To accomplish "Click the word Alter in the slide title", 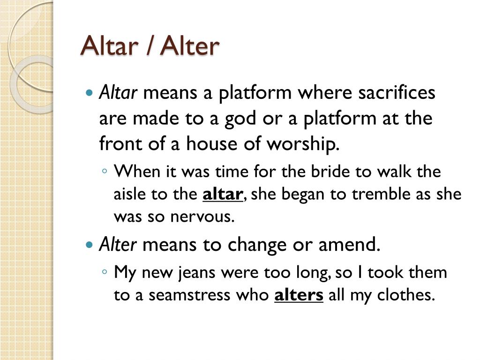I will (x=190, y=46).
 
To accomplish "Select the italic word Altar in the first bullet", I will (x=118, y=93).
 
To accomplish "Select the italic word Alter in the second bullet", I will (x=118, y=244).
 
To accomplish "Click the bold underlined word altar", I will (x=222, y=194).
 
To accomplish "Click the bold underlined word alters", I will (x=299, y=295).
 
